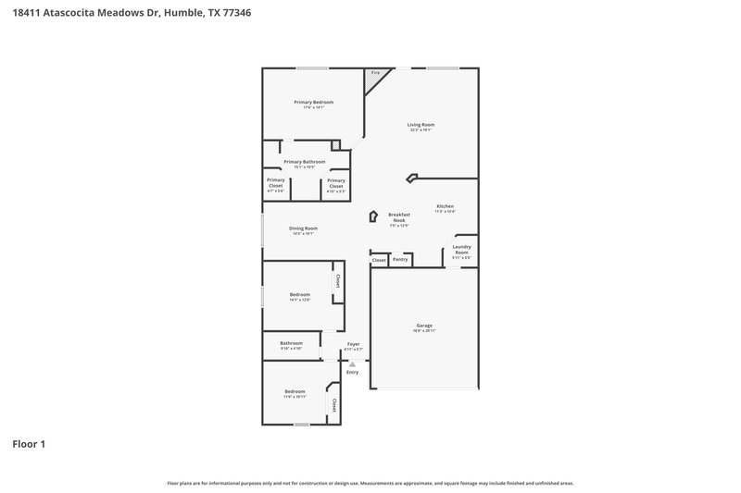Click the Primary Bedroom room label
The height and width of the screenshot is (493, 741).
(x=313, y=102)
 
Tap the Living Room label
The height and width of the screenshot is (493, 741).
(x=421, y=124)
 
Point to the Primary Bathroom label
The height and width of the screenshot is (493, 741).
(x=304, y=162)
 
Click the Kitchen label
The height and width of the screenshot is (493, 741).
(x=446, y=206)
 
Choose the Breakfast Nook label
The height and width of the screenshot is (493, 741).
(x=398, y=217)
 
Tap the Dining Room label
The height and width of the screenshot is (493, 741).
(x=303, y=228)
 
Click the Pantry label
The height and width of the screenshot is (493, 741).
(x=400, y=260)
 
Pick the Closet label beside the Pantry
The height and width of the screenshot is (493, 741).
(x=379, y=261)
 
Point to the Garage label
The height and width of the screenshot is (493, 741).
(x=424, y=325)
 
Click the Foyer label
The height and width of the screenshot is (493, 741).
(x=353, y=343)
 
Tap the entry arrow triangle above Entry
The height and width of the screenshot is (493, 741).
(x=352, y=364)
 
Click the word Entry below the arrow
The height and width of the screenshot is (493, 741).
(x=352, y=373)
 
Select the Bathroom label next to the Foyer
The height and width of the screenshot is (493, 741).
(x=291, y=343)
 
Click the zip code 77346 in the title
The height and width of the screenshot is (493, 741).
(x=238, y=14)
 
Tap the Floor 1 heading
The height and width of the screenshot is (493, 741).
(x=29, y=444)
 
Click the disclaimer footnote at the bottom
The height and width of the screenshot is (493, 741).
(x=370, y=483)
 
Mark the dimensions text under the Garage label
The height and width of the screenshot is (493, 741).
(x=424, y=330)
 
